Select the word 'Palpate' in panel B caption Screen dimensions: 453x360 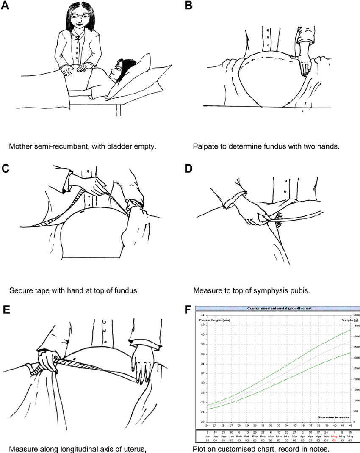click(x=205, y=147)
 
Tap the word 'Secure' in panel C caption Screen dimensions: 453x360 click(x=19, y=291)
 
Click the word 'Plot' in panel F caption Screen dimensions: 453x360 click(x=199, y=448)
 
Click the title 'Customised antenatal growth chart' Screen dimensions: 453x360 click(x=274, y=309)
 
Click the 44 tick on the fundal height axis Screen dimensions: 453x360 click(x=203, y=316)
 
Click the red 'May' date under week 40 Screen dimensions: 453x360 click(x=335, y=437)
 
